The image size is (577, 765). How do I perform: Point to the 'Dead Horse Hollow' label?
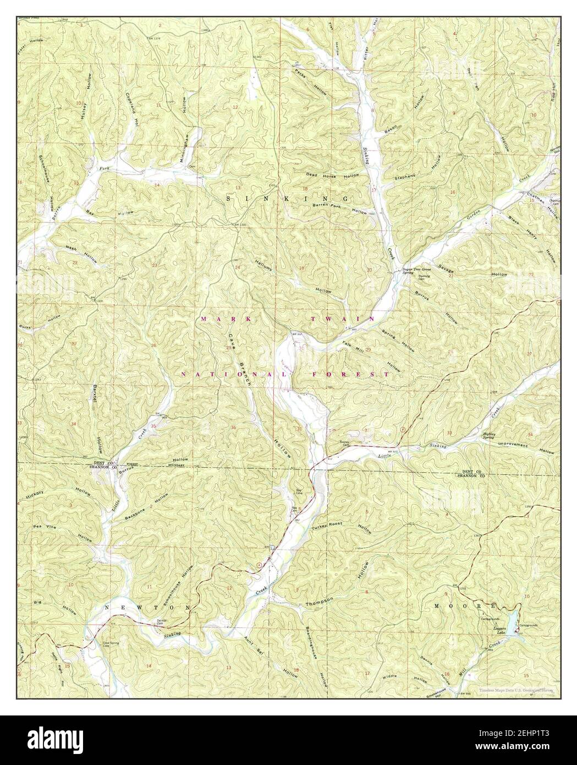click(x=333, y=175)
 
